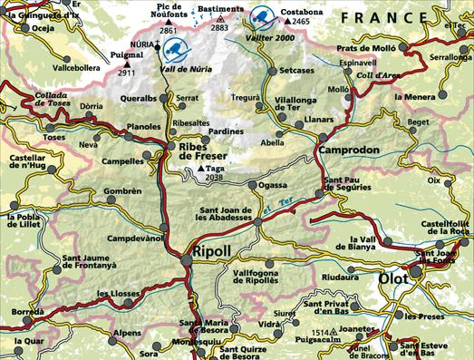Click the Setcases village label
click(297, 70)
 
